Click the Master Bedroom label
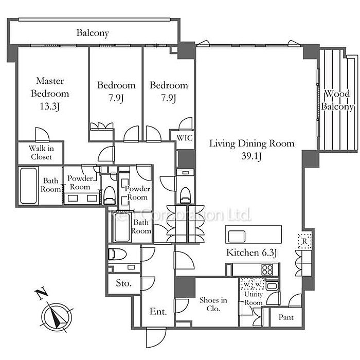pyautogui.click(x=50, y=87)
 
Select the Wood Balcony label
pyautogui.click(x=337, y=100)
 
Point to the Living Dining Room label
pyautogui.click(x=251, y=143)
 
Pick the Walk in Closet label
pyautogui.click(x=40, y=153)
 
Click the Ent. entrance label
pyautogui.click(x=157, y=311)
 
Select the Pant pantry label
pyautogui.click(x=286, y=317)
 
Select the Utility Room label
pyautogui.click(x=253, y=298)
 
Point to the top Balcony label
pyautogui.click(x=93, y=33)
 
